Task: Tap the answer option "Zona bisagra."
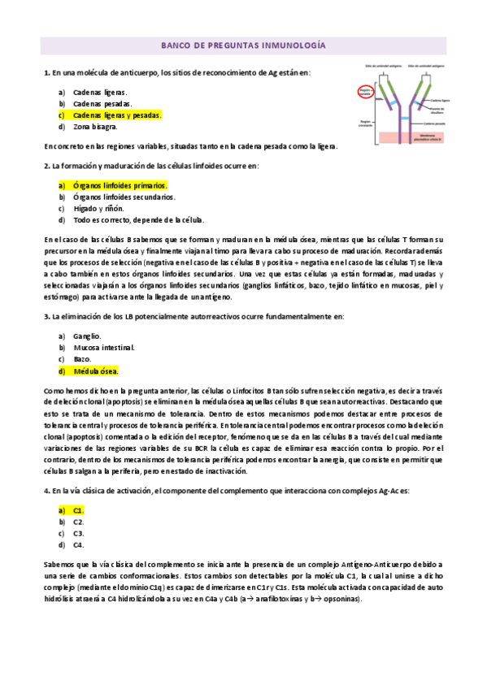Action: [95, 127]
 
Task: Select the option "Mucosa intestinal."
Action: [104, 347]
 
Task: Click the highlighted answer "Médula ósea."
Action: [96, 370]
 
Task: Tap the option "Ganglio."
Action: [87, 336]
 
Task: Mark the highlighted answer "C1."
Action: [79, 509]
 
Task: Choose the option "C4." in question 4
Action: [79, 544]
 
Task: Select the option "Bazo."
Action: [82, 358]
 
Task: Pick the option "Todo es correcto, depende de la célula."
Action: [138, 219]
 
